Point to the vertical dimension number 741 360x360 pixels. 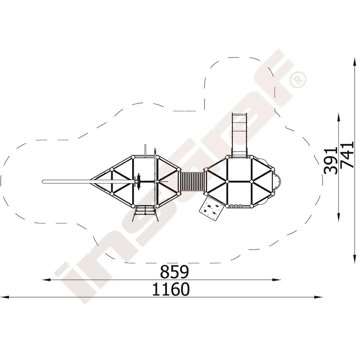click(347, 155)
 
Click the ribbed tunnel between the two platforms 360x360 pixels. click(193, 181)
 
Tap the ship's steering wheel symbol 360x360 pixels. click(138, 181)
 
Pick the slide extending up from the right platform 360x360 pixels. click(240, 135)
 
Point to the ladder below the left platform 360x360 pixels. click(145, 213)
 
